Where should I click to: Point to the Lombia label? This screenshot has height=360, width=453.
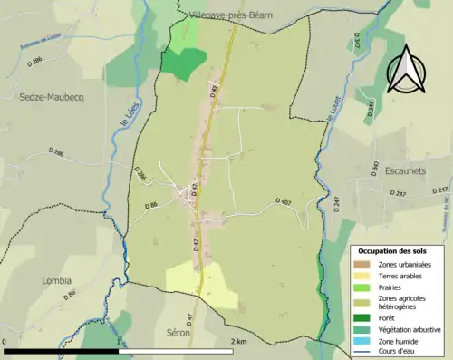56,280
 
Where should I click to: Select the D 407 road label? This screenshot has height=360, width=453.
281,201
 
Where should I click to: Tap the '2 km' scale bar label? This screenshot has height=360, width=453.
237,341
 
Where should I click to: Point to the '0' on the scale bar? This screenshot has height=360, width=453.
5,341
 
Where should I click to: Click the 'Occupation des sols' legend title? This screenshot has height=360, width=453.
393,250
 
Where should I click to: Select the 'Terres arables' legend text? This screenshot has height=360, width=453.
397,275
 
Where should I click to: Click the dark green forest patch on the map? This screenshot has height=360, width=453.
184,63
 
